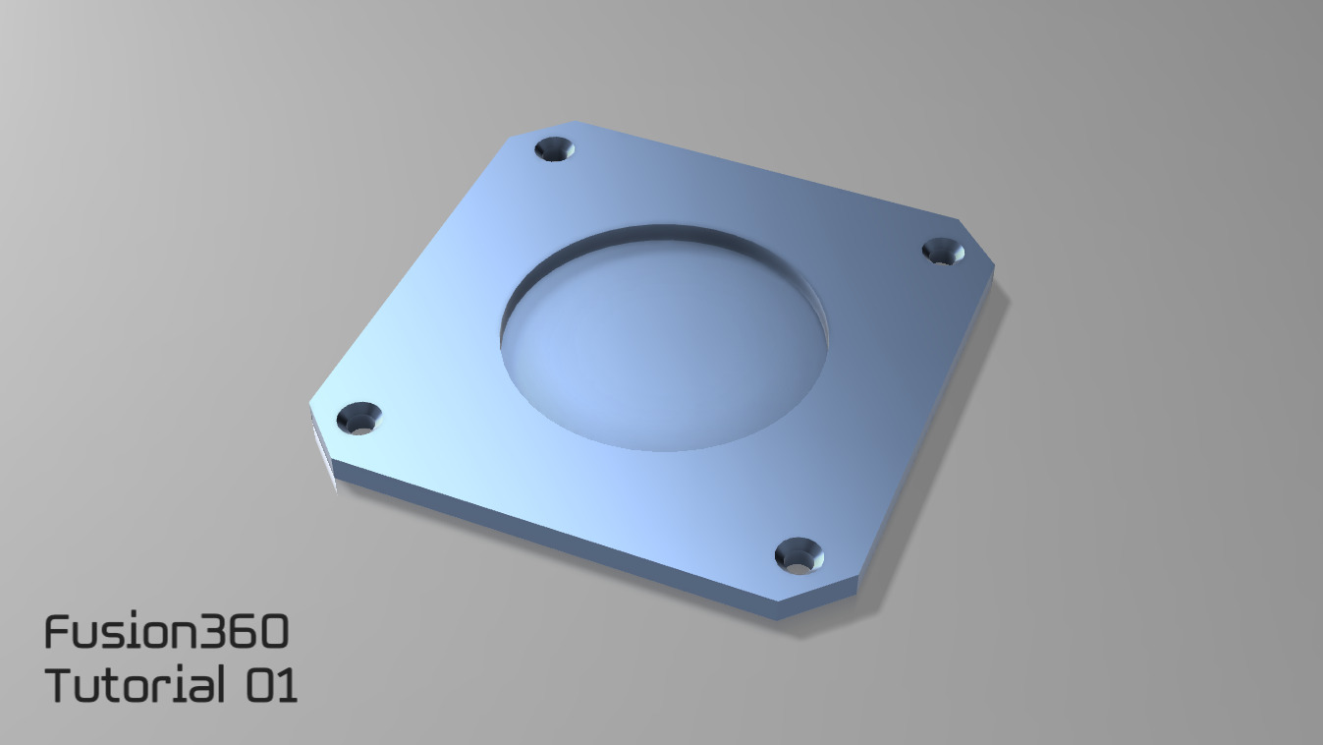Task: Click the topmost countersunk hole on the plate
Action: click(555, 149)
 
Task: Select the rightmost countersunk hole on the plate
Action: click(944, 253)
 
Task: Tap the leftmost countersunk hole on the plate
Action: click(358, 420)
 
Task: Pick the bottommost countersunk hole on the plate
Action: click(799, 556)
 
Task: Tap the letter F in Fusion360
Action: click(57, 632)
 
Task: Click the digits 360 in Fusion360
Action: click(245, 632)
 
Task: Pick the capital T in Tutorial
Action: click(61, 684)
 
